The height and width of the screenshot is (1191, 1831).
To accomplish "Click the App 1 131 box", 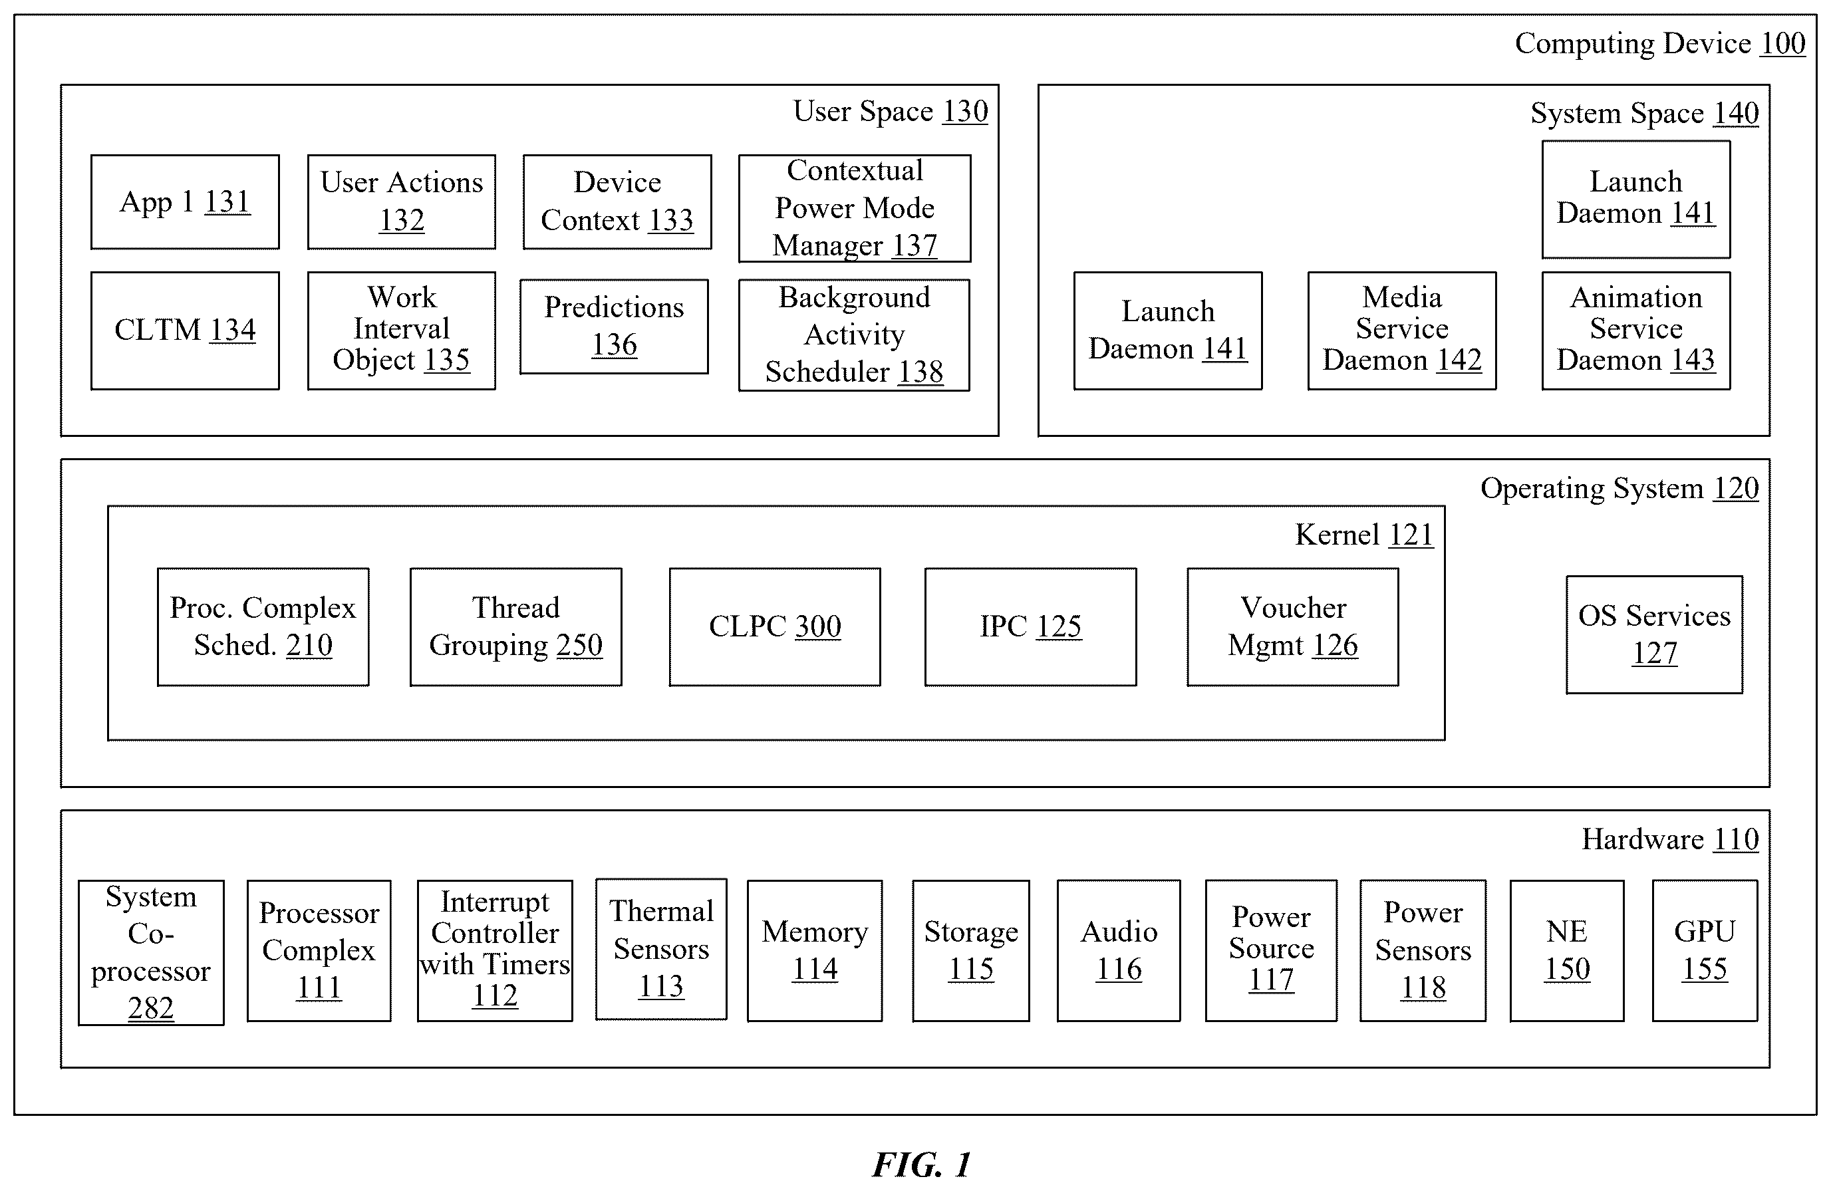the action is [x=185, y=202].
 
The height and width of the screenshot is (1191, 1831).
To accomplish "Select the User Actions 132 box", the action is [x=402, y=202].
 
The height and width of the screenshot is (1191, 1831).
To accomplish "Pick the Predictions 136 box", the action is [x=614, y=327].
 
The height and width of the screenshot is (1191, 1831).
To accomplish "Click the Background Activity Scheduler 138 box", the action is [x=854, y=335].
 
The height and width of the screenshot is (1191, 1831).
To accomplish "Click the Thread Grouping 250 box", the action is [x=515, y=627].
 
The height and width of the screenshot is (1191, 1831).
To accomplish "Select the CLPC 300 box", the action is [x=775, y=627].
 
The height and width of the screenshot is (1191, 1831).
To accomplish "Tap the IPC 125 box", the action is [x=1030, y=627].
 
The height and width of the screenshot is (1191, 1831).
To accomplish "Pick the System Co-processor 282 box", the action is [x=151, y=952].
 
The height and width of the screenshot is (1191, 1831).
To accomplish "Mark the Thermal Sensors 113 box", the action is [x=661, y=950].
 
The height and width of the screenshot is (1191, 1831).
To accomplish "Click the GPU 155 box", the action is [x=1705, y=951].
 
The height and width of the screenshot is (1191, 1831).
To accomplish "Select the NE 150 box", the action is [x=1566, y=951].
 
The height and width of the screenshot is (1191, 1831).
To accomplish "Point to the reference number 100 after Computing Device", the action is [x=1782, y=44].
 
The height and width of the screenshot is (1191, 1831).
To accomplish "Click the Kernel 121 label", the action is [x=1364, y=535].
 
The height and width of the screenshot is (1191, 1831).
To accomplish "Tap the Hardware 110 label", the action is [x=1670, y=839].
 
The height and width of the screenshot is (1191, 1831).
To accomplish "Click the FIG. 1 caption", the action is [x=922, y=1165].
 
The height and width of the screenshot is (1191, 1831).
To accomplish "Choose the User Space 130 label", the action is [x=890, y=112].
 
